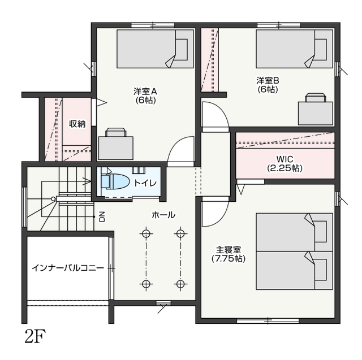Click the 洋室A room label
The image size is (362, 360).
tap(145, 92)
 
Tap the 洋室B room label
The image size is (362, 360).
tap(268, 81)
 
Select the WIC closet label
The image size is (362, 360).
tap(285, 159)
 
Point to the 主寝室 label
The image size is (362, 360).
tap(229, 250)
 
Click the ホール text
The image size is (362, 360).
tap(163, 215)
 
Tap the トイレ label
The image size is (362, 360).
tap(145, 183)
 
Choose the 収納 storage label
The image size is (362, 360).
tap(77, 124)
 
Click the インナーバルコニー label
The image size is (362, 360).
tap(68, 268)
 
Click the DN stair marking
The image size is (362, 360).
tap(102, 216)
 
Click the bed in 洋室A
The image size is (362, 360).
tap(155, 49)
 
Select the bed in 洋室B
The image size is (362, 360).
tap(294, 49)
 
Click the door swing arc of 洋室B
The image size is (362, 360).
tap(222, 109)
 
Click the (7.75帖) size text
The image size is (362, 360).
tap(229, 259)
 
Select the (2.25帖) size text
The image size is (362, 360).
tap(285, 168)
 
